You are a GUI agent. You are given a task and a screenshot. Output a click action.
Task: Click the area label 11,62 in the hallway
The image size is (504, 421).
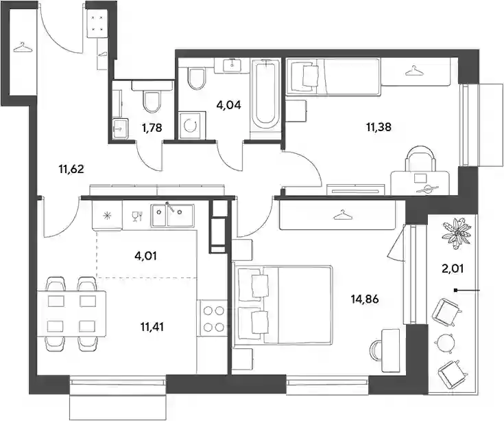pyautogui.click(x=71, y=169)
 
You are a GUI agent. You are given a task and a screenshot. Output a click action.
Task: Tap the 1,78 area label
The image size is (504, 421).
pyautogui.click(x=152, y=128)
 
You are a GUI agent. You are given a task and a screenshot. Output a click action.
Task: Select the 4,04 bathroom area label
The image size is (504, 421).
pyautogui.click(x=228, y=105)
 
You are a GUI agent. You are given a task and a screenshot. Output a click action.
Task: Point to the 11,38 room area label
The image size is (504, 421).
pyautogui.click(x=379, y=127)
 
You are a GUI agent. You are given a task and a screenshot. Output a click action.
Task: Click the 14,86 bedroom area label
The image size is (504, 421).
pyautogui.click(x=365, y=299)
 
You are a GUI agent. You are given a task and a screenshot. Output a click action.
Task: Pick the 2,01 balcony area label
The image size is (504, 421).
pyautogui.click(x=453, y=268)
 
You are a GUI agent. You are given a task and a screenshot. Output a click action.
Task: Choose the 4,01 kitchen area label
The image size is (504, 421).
pyautogui.click(x=146, y=256)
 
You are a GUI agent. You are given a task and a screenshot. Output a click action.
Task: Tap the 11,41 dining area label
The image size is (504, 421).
pyautogui.click(x=152, y=327)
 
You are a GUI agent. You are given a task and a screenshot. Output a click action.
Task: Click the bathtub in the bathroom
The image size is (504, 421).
pyautogui.click(x=265, y=96)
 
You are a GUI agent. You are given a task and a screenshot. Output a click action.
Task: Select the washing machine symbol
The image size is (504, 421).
pyautogui.click(x=192, y=125)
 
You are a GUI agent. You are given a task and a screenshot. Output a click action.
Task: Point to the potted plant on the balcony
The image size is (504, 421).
pyautogui.click(x=457, y=233)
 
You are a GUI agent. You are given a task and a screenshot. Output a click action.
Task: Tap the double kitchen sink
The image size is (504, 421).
pyautogui.click(x=173, y=215)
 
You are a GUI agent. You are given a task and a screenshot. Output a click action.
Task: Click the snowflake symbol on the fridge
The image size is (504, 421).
pyautogui.click(x=106, y=216)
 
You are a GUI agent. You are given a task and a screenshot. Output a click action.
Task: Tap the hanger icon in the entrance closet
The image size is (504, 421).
pyautogui.click(x=23, y=48)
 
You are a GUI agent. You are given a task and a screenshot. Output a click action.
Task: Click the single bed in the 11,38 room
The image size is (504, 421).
pyautogui.click(x=333, y=77)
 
